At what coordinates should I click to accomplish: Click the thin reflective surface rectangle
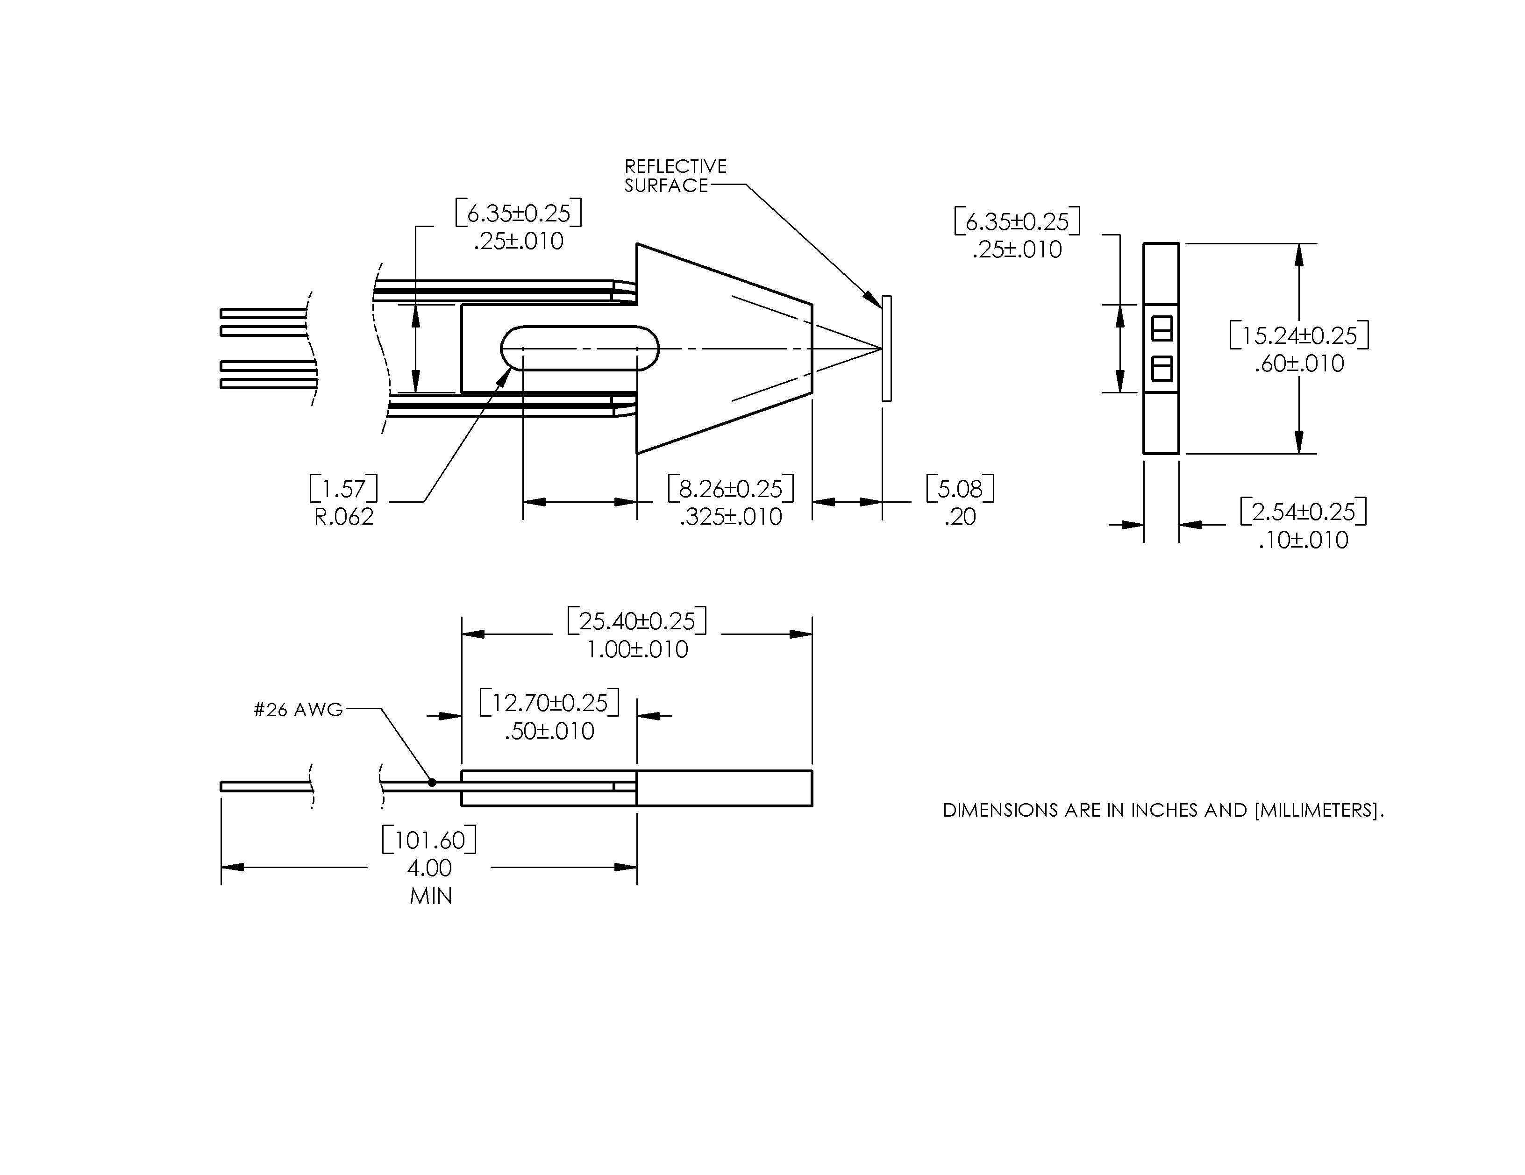tap(886, 349)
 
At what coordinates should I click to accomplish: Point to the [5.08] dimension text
tap(960, 489)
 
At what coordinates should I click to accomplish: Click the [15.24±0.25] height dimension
tap(1299, 336)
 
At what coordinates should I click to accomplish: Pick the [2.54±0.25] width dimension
tap(1303, 512)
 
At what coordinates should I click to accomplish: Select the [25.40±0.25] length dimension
tap(637, 620)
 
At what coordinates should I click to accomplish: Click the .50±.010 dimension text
tap(549, 732)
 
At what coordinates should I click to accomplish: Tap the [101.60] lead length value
tap(429, 840)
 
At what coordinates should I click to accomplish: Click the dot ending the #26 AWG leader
tap(432, 783)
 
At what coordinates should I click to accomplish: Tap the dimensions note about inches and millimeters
tap(1162, 811)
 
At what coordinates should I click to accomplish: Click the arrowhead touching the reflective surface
tap(874, 299)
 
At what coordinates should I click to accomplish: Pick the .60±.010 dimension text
tap(1299, 364)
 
